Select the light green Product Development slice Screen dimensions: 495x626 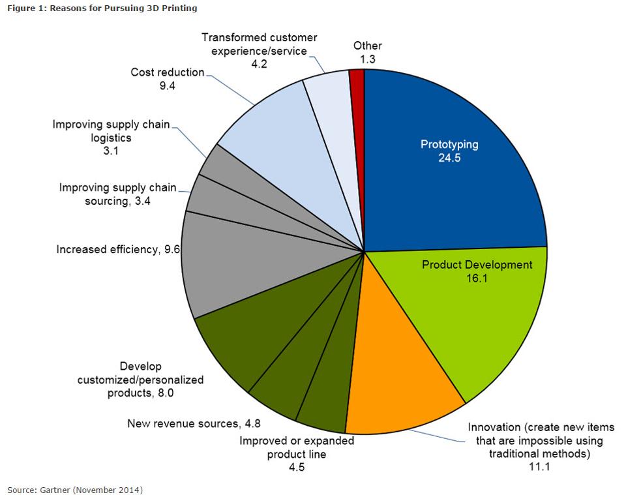pos(483,313)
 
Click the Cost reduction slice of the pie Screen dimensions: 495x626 pos(274,130)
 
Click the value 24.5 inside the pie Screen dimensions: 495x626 pos(449,158)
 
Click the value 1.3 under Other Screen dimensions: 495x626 pos(368,59)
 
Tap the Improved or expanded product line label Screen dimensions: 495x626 pos(296,447)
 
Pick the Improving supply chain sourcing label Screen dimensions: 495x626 pos(117,194)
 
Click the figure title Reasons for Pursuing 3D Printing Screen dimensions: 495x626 pos(102,8)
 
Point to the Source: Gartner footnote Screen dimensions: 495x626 pos(75,488)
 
